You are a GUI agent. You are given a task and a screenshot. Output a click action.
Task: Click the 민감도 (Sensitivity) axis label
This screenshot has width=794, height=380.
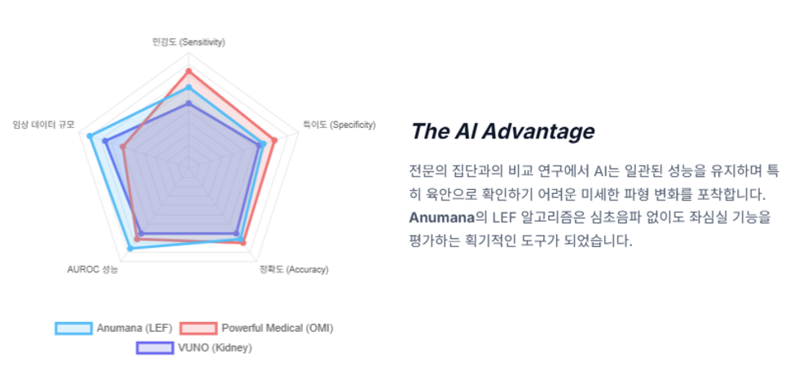pos(189,42)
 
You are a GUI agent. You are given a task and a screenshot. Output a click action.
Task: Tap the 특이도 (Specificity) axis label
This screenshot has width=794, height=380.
pos(340,125)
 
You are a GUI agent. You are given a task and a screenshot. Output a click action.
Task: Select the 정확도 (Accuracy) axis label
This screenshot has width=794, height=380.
pos(294,269)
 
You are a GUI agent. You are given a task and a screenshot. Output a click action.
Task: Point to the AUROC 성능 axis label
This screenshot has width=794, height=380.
pos(93,269)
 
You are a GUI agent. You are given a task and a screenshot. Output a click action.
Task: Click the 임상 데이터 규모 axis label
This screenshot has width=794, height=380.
pos(43,125)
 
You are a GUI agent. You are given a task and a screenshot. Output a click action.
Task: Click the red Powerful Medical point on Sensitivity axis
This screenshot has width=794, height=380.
pos(189,71)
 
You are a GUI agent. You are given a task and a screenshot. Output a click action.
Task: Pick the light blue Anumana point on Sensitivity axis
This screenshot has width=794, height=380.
pos(189,88)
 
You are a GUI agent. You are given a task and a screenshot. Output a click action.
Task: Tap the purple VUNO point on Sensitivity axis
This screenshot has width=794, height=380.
pos(189,104)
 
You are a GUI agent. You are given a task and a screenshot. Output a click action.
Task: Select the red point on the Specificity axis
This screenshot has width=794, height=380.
pos(275,140)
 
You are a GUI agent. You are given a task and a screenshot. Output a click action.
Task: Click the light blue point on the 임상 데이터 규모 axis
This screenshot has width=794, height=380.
pos(90,136)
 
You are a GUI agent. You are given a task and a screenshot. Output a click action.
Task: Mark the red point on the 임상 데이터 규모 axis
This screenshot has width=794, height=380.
pos(123,147)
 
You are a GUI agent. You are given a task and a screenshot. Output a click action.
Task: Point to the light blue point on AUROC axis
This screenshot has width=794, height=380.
pos(130,249)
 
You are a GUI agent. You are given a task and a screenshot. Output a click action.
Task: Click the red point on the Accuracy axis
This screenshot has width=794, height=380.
pos(243,243)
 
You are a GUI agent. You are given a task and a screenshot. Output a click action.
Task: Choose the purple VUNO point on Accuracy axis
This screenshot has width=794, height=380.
pos(236,234)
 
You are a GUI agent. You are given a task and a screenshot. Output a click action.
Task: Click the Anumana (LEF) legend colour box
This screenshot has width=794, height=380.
pos(74,329)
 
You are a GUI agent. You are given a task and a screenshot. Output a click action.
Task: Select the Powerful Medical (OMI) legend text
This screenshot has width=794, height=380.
pos(278,329)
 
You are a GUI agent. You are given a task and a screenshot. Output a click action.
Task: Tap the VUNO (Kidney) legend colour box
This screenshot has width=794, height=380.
pos(155,348)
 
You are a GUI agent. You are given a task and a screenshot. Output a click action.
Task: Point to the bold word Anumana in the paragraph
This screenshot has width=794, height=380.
pos(441,218)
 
